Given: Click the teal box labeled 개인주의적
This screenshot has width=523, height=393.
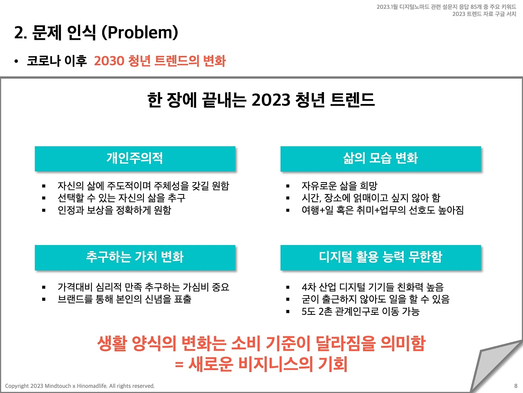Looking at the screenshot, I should (135, 158).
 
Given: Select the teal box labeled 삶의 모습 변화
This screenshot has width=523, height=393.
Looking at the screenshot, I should (380, 158).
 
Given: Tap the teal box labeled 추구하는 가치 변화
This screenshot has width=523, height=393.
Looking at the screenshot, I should (135, 257).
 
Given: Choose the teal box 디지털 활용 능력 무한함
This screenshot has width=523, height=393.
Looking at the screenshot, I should (380, 257).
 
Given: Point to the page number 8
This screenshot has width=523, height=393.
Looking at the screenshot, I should (516, 386).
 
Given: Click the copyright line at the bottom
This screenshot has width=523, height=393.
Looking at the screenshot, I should (80, 386).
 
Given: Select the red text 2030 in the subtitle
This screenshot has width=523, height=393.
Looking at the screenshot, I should (109, 61).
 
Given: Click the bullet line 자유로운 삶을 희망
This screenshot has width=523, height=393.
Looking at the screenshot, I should (339, 186).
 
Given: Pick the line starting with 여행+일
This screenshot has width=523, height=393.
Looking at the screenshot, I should (382, 210).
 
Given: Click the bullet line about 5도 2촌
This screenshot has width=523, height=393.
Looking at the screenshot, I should (360, 312).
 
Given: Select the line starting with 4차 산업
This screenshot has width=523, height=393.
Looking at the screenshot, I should (372, 287).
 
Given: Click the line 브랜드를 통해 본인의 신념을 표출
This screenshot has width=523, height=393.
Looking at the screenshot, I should (124, 299).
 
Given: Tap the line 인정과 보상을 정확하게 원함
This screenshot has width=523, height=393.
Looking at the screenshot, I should (114, 210).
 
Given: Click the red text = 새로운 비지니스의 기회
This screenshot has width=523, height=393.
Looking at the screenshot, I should (261, 364).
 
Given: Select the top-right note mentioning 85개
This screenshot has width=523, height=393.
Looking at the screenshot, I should (446, 7).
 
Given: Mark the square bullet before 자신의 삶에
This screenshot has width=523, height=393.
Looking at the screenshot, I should (44, 186).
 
